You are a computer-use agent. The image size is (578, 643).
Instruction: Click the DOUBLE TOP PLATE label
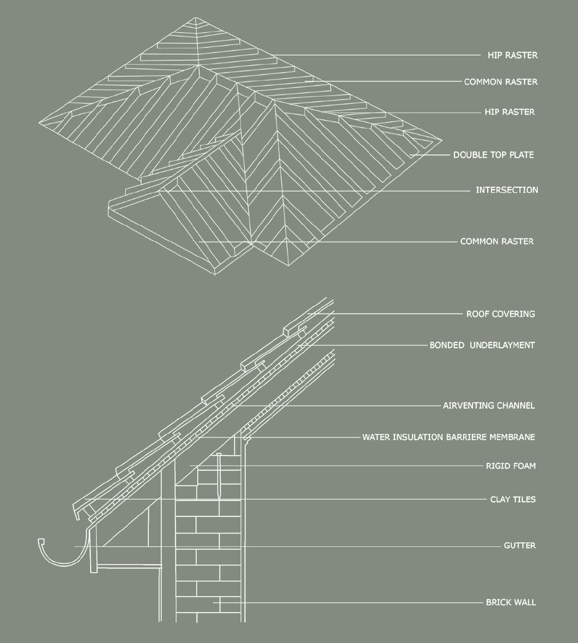pyautogui.click(x=493, y=155)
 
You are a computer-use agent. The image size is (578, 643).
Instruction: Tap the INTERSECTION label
pyautogui.click(x=506, y=190)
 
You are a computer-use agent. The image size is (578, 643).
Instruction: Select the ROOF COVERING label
pyautogui.click(x=500, y=314)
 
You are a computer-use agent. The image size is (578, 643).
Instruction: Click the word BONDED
pyautogui.click(x=446, y=345)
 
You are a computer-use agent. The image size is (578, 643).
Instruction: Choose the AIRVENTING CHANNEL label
pyautogui.click(x=488, y=405)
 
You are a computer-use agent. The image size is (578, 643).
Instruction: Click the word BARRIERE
pyautogui.click(x=466, y=437)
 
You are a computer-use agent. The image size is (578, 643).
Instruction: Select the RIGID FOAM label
pyautogui.click(x=511, y=465)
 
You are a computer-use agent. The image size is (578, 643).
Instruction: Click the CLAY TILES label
pyautogui.click(x=513, y=499)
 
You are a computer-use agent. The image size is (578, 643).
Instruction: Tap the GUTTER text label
pyautogui.click(x=519, y=546)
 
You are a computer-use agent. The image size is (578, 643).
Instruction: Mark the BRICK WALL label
pyautogui.click(x=511, y=602)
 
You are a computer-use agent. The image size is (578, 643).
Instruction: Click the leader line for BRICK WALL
pyautogui.click(x=350, y=602)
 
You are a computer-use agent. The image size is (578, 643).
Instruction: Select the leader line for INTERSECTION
pyautogui.click(x=326, y=191)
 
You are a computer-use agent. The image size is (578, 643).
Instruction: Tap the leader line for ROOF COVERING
pyautogui.click(x=384, y=314)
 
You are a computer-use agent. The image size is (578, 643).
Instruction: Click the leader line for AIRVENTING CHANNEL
pyautogui.click(x=336, y=406)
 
